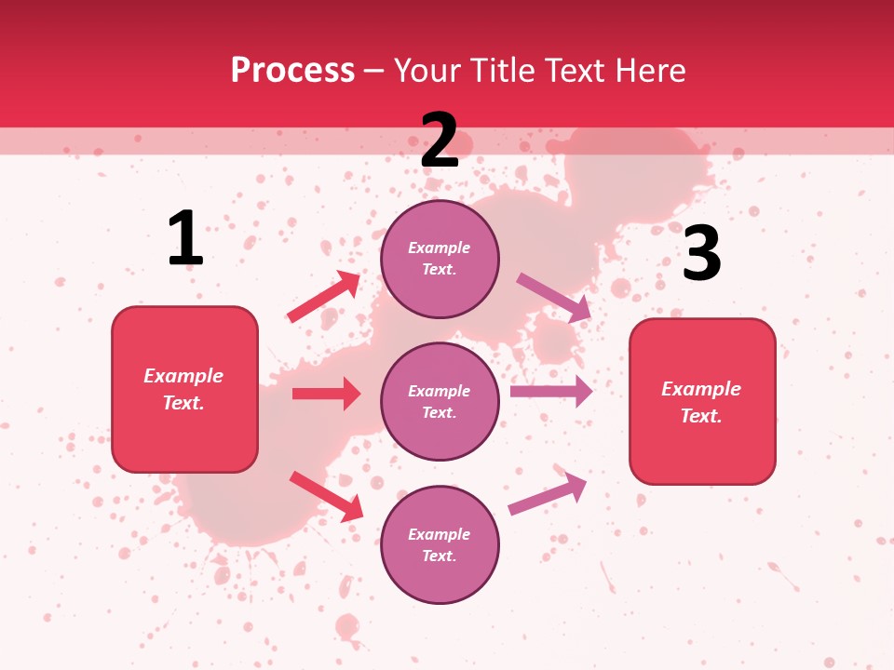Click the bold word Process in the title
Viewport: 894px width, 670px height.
tap(292, 71)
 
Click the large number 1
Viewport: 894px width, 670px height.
tap(185, 239)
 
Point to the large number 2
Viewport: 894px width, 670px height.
tap(440, 141)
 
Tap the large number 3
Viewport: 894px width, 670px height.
tap(701, 253)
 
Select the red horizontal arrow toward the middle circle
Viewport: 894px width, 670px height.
tap(326, 394)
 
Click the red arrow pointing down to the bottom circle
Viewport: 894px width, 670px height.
tap(326, 496)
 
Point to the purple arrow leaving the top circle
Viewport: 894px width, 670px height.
tap(554, 298)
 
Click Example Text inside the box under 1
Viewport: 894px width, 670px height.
tap(184, 389)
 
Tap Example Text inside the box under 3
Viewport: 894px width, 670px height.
tap(702, 402)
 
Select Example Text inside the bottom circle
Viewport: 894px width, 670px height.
tap(440, 545)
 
